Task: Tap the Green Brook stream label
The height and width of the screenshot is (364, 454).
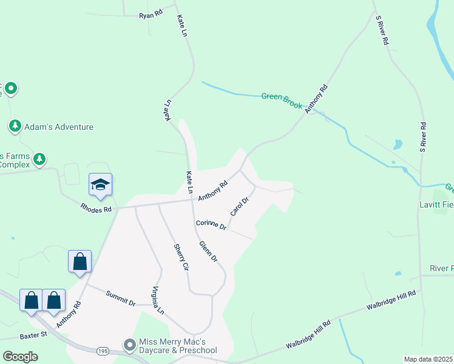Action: pyautogui.click(x=282, y=99)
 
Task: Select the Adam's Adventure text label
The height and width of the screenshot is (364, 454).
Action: pyautogui.click(x=59, y=127)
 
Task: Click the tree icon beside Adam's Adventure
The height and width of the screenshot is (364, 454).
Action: pyautogui.click(x=15, y=126)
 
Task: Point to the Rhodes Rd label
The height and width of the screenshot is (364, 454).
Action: pyautogui.click(x=96, y=209)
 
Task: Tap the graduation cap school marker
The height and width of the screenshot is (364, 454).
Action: pyautogui.click(x=100, y=184)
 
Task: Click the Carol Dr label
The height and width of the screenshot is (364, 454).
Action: pyautogui.click(x=240, y=206)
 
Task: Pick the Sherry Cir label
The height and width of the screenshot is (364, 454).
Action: pyautogui.click(x=181, y=257)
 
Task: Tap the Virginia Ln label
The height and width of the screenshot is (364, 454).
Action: pyautogui.click(x=158, y=300)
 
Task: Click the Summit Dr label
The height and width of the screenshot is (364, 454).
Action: pyautogui.click(x=120, y=298)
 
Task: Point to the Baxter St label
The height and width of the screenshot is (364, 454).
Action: pyautogui.click(x=33, y=334)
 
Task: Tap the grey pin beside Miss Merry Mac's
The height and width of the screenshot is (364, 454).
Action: pyautogui.click(x=129, y=345)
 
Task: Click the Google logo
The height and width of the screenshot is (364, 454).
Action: pyautogui.click(x=20, y=356)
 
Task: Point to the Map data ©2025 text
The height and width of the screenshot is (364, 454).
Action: pyautogui.click(x=428, y=359)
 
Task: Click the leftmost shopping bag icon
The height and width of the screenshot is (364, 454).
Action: pyautogui.click(x=31, y=300)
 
